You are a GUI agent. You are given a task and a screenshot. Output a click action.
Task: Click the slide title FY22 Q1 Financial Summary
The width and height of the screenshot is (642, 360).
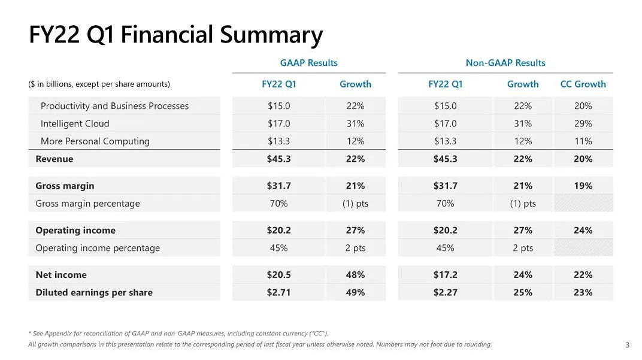coord(175,35)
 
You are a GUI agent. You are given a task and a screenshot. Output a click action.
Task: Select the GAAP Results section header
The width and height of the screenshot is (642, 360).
coord(308,63)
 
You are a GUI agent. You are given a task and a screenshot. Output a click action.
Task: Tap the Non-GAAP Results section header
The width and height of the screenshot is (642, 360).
coord(505,63)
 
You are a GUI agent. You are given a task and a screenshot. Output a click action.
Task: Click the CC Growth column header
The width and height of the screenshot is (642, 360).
coord(583,84)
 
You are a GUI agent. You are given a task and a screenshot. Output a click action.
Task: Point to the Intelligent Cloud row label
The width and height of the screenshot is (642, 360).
coord(75,124)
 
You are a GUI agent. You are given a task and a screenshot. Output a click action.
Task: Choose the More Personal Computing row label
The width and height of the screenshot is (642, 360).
coord(95,141)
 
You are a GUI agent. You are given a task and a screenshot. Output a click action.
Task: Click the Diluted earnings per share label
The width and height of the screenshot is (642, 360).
coord(94,292)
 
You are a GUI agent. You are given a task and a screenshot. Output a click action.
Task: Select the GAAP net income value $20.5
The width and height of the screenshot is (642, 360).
coord(278,275)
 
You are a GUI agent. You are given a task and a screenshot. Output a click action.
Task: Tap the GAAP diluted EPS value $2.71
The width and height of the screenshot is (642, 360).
coord(278,292)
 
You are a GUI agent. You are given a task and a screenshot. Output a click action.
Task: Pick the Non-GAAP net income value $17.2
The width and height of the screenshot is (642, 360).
coord(445,275)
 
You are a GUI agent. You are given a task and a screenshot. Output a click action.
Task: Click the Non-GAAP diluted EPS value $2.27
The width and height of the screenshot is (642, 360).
coord(445,292)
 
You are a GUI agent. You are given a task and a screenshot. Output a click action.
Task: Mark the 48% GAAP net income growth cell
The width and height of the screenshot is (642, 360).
coord(355,275)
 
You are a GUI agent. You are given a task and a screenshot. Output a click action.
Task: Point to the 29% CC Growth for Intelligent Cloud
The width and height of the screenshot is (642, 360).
coord(583,124)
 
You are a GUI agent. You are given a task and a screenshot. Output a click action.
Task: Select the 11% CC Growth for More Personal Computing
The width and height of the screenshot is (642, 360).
coord(583,141)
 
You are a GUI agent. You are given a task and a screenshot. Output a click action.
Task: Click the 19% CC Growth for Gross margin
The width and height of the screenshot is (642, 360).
coord(583,186)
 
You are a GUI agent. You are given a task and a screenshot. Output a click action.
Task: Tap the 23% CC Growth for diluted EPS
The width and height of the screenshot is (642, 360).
coord(583,292)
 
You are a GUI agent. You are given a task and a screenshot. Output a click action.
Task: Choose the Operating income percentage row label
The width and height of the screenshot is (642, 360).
coord(98,248)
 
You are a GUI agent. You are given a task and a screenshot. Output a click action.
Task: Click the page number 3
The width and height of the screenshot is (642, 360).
coord(627,344)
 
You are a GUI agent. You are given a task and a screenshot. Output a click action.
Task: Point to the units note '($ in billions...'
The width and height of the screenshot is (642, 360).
coord(99,84)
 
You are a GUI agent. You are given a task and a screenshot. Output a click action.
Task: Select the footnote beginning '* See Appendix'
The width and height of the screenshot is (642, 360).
coord(178,333)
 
